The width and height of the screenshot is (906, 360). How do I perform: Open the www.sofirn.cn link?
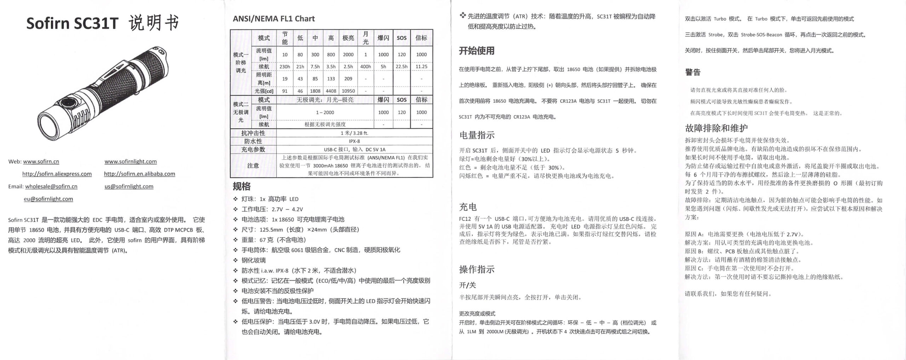point(41,161)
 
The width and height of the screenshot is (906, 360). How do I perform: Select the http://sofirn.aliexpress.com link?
point(57,174)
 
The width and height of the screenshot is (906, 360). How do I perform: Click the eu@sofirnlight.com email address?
point(48,199)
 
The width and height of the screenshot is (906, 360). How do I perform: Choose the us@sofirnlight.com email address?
point(129,186)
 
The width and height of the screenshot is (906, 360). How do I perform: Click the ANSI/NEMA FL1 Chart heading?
point(274,19)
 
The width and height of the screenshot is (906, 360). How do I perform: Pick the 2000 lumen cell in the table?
point(348,55)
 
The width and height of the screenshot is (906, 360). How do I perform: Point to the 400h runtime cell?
point(366,67)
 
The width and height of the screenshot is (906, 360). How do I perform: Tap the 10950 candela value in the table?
point(348,91)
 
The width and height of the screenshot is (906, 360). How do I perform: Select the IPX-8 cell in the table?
point(354,141)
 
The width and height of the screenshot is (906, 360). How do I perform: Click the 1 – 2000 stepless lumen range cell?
point(325,112)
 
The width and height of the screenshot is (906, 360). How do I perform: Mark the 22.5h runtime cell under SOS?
point(401,67)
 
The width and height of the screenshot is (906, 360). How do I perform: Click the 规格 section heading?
point(242,186)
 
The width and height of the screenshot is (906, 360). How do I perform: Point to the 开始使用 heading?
point(476,51)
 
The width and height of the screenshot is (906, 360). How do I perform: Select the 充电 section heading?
point(468,207)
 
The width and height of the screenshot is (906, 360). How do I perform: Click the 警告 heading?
point(693,72)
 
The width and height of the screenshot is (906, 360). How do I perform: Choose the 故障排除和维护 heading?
point(716,128)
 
